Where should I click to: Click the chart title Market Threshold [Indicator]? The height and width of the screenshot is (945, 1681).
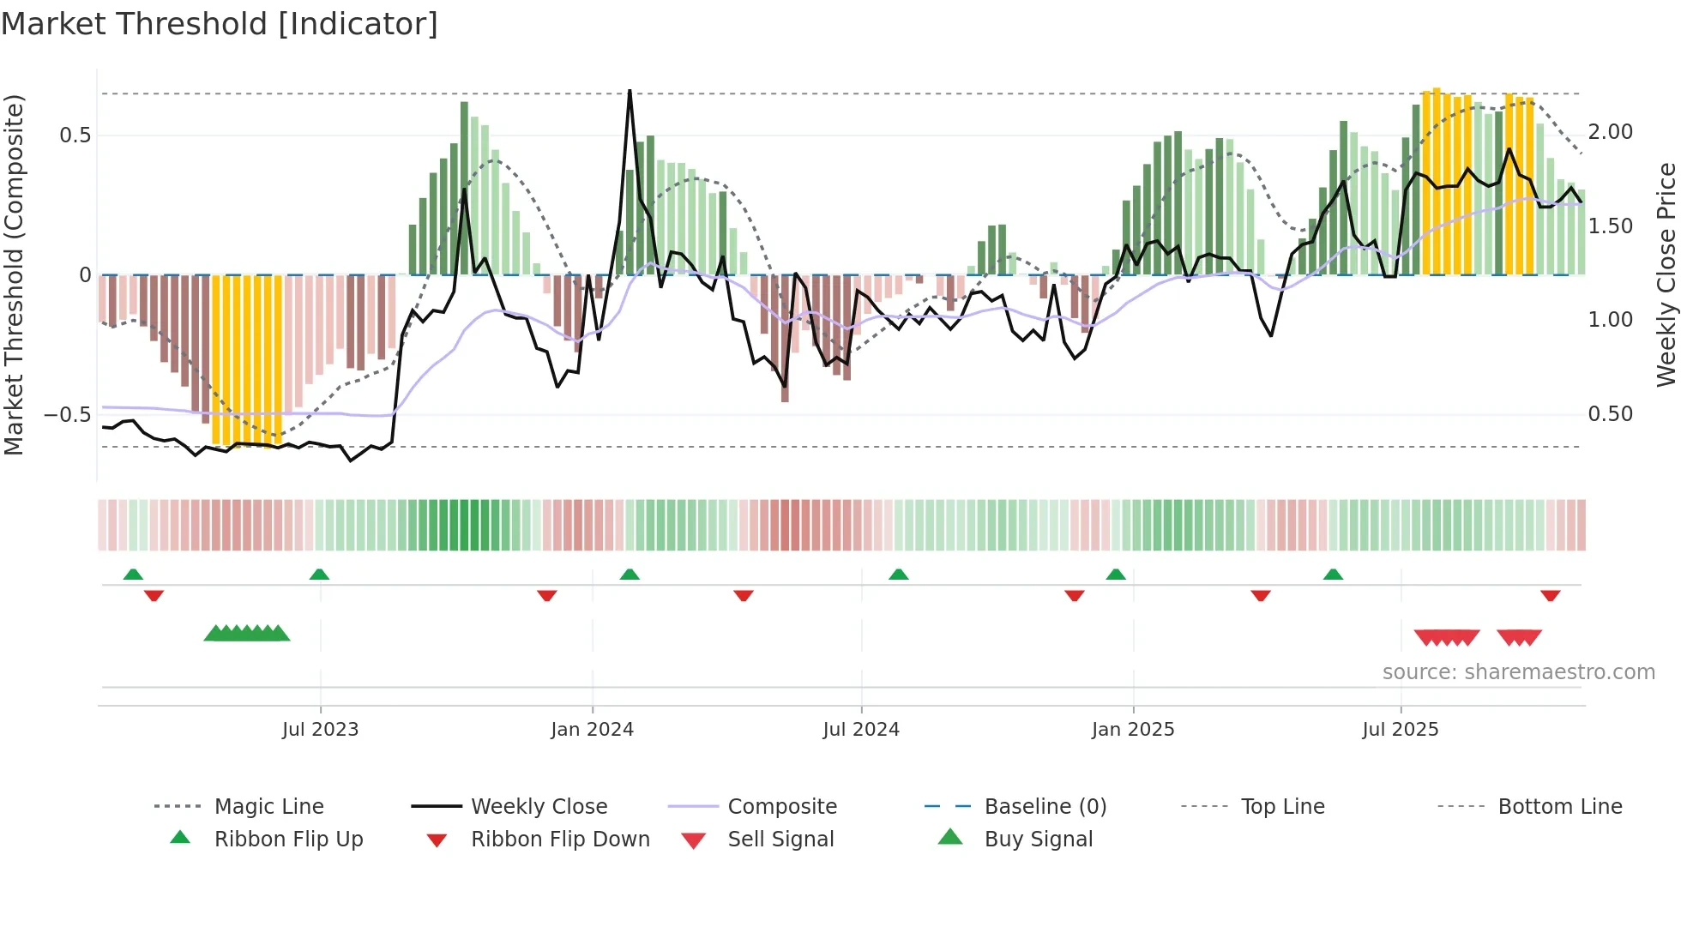click(220, 24)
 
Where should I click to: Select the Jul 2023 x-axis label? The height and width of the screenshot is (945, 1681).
click(320, 730)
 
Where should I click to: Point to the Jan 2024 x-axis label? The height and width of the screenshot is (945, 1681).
click(592, 730)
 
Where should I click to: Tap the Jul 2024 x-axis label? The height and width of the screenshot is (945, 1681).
click(861, 730)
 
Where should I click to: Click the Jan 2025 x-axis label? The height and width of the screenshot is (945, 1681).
click(1133, 730)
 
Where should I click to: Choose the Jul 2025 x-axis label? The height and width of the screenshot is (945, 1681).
click(1400, 730)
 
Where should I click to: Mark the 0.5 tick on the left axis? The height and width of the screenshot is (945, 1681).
click(75, 135)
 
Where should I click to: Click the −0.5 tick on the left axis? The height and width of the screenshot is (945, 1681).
click(68, 415)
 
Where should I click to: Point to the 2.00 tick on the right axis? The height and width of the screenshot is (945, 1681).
click(1610, 132)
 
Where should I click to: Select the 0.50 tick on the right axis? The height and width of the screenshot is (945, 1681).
click(1610, 414)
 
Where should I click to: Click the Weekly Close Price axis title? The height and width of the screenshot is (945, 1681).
click(1666, 274)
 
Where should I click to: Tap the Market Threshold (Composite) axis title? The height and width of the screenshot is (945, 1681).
click(14, 274)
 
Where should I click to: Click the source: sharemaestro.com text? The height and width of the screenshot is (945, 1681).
click(1518, 672)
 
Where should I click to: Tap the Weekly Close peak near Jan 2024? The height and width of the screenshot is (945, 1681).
click(630, 91)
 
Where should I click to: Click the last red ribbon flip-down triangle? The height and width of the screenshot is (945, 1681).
click(1550, 595)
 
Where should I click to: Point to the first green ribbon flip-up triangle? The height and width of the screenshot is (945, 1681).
click(133, 575)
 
